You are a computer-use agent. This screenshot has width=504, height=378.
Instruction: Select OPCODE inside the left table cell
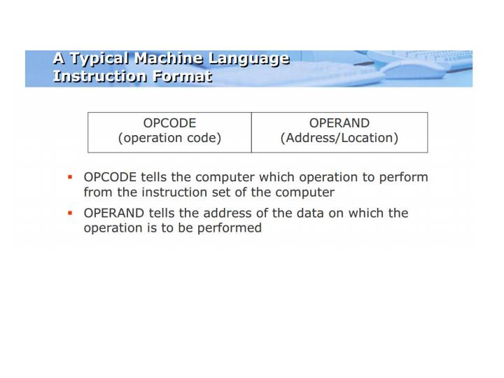[x=169, y=123]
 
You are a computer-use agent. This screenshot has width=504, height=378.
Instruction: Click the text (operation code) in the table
[x=169, y=138]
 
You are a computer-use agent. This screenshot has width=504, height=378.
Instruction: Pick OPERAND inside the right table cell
[x=339, y=123]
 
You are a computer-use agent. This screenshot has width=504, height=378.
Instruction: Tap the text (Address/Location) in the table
[x=339, y=138]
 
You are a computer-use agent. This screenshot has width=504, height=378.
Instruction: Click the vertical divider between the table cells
[x=251, y=132]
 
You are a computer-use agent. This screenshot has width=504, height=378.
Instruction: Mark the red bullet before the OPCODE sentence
[x=70, y=178]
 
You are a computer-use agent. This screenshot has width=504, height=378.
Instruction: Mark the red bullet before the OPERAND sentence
[x=70, y=213]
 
